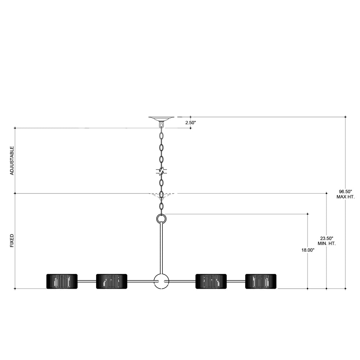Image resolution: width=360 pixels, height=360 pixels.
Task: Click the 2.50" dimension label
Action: tap(190, 123)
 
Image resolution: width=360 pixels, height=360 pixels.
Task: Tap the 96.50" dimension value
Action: tap(346, 192)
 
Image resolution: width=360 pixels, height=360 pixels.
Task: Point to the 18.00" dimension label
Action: tap(308, 250)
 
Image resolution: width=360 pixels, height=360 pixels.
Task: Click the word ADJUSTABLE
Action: tap(12, 161)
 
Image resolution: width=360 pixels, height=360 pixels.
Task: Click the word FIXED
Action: tap(12, 240)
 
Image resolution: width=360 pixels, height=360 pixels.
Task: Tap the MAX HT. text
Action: tap(346, 197)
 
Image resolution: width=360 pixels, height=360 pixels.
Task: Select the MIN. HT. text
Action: tap(327, 244)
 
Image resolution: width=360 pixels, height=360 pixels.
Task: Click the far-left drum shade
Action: tap(62, 281)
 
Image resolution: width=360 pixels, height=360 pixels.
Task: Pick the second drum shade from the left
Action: tap(112, 281)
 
